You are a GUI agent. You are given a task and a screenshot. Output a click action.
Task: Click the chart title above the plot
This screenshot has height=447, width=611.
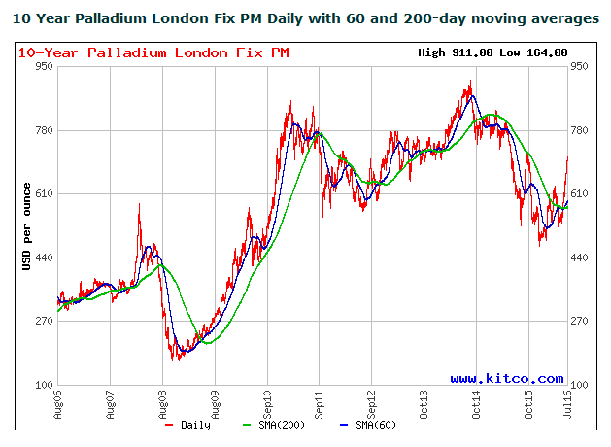(x=305, y=18)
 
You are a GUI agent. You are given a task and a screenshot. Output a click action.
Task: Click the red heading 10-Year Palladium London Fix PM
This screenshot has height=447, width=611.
(x=153, y=52)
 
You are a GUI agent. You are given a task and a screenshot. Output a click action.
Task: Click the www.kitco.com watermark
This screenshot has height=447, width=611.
(x=506, y=378)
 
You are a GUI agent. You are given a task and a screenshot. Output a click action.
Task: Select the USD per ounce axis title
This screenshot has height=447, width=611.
(x=27, y=225)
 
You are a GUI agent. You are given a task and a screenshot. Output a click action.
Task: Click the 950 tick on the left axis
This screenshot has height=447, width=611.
(x=43, y=66)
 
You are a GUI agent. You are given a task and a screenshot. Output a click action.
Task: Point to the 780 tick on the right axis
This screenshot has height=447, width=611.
(x=580, y=130)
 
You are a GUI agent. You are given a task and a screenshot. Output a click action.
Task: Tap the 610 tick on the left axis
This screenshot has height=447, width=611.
(x=43, y=193)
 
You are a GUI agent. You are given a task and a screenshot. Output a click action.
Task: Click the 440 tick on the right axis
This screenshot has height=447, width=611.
(x=580, y=258)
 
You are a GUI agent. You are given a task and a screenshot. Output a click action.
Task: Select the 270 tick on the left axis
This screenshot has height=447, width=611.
(x=43, y=322)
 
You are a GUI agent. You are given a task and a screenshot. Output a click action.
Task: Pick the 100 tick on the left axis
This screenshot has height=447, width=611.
(x=43, y=386)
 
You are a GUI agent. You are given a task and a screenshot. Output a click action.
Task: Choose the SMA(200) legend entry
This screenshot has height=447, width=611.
(x=275, y=424)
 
